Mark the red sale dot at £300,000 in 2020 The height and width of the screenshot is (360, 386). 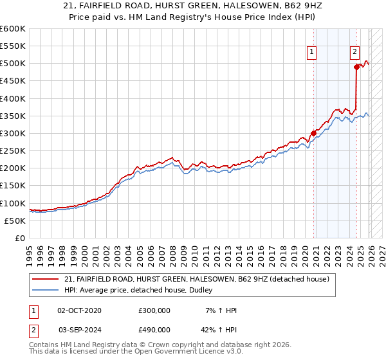[x=314, y=134]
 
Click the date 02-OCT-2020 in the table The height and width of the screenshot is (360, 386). [x=79, y=310]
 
